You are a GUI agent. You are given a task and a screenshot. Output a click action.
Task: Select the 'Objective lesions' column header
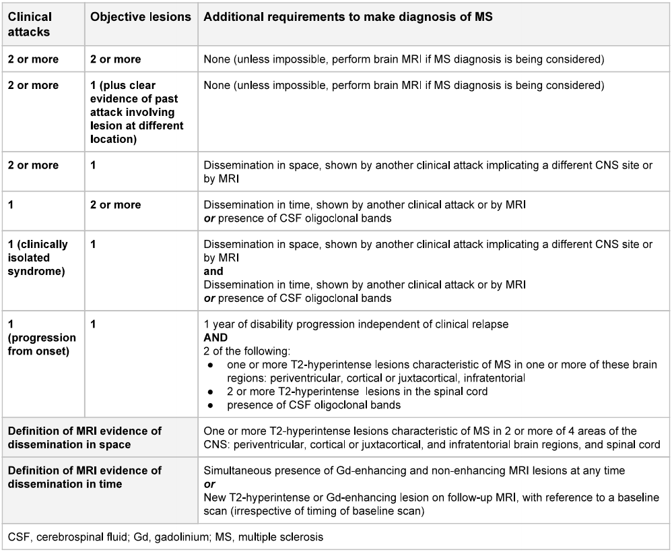(x=140, y=18)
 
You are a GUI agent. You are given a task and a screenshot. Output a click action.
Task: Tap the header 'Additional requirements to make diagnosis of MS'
(x=347, y=18)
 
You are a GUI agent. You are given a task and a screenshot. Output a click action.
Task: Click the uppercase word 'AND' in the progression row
(x=215, y=337)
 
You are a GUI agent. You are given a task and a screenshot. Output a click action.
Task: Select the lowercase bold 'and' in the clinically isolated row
(x=213, y=272)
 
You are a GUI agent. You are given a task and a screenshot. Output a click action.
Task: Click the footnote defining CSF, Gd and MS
(x=166, y=537)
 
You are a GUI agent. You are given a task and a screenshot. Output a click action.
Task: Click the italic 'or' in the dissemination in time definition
(x=208, y=483)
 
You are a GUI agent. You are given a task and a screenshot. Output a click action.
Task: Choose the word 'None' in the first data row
(x=216, y=59)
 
